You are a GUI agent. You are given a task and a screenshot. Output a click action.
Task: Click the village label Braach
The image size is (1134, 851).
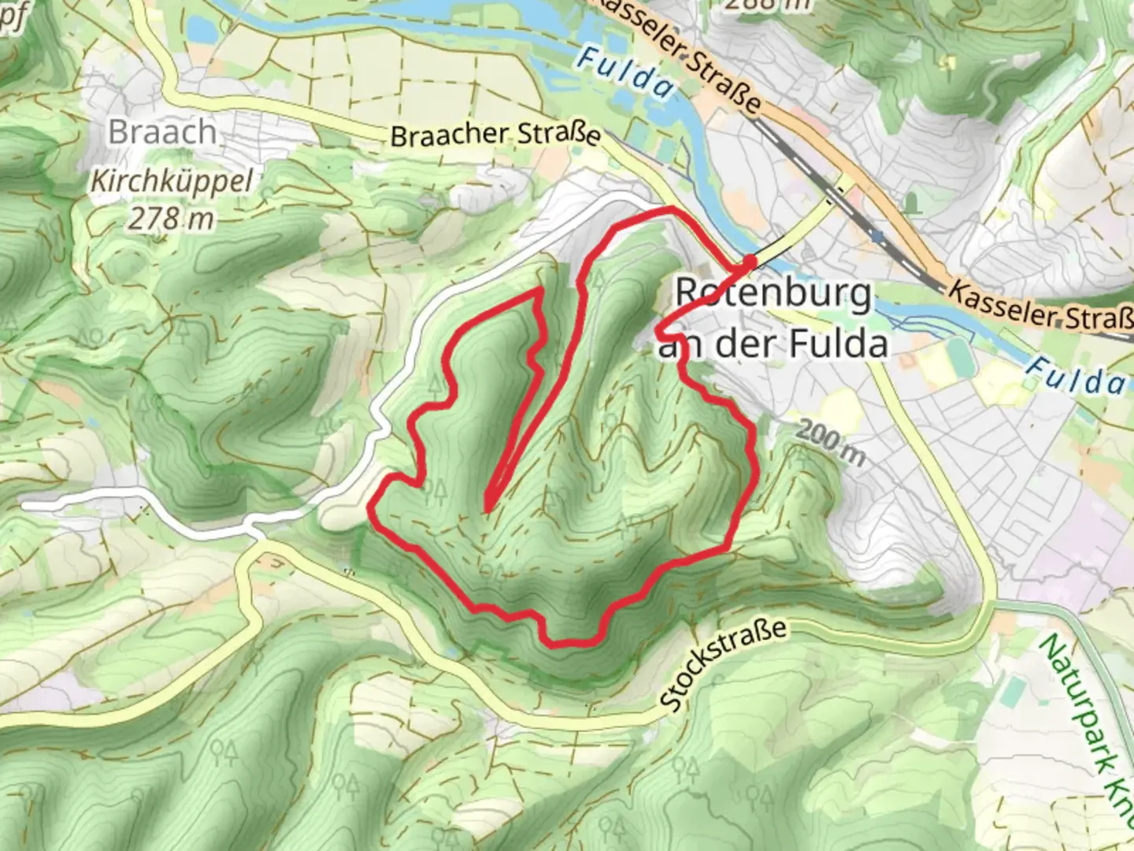162,132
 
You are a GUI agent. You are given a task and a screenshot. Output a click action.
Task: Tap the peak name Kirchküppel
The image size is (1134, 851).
171,182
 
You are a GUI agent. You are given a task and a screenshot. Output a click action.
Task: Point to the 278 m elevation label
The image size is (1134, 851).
171,217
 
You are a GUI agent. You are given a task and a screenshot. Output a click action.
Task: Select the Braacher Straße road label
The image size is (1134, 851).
495,134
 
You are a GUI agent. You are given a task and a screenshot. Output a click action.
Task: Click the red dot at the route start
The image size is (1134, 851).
750,261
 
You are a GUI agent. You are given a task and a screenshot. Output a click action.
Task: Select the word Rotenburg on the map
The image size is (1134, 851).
773,294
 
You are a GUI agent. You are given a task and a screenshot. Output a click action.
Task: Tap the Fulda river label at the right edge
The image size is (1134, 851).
1076,377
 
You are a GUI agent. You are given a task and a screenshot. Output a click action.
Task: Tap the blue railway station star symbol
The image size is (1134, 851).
876,235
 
